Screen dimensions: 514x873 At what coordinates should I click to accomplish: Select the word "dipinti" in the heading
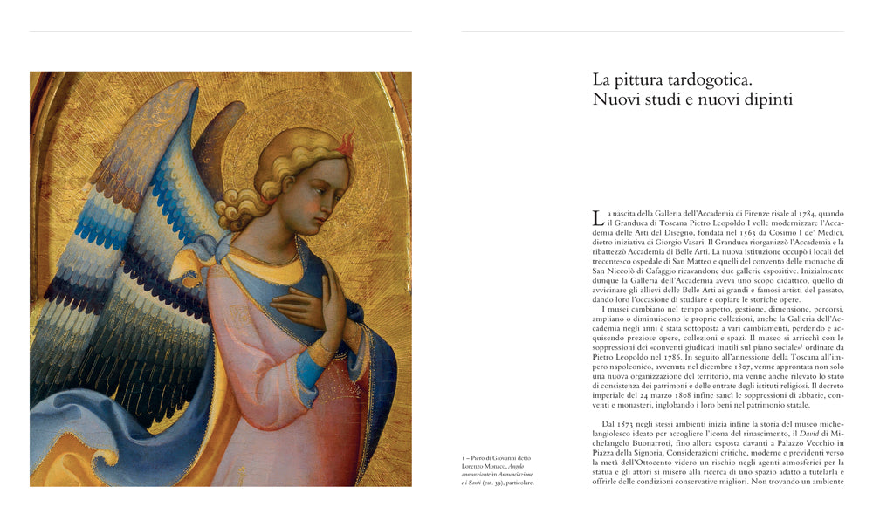761,99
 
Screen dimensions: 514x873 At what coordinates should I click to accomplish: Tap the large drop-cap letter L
597,218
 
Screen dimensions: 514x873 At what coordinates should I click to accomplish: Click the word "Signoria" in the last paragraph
659,457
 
